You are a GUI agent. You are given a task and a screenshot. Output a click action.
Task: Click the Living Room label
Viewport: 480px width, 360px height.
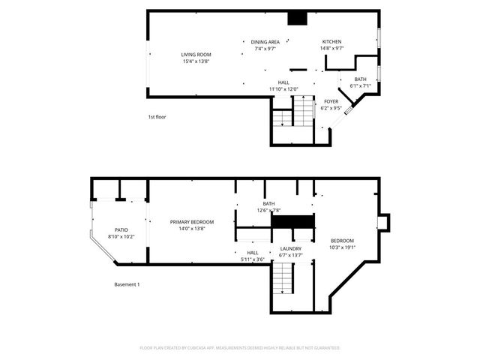(196, 55)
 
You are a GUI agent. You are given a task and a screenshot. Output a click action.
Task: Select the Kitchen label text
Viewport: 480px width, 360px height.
(332, 41)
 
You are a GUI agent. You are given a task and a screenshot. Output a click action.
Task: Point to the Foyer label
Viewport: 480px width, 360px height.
(331, 101)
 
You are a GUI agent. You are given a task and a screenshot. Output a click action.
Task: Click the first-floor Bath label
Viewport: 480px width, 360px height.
(361, 79)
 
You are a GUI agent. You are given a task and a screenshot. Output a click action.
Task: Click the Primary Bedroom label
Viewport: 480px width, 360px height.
(192, 222)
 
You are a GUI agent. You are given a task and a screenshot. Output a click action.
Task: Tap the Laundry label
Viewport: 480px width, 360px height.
(291, 248)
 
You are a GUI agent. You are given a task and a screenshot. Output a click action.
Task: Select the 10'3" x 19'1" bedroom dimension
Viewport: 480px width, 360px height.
(343, 247)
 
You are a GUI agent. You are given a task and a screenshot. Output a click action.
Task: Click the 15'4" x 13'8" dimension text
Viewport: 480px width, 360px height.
(196, 61)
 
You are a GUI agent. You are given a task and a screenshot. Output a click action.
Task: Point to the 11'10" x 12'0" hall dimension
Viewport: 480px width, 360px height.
(283, 89)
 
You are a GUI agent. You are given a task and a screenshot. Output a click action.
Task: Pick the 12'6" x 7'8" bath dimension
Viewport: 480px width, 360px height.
(268, 211)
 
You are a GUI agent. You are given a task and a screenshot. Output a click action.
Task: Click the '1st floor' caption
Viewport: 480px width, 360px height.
(156, 117)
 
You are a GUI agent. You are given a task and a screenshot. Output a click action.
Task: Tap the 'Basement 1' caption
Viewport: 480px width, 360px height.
(127, 284)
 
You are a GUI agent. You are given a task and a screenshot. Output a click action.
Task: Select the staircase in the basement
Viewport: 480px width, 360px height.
(283, 283)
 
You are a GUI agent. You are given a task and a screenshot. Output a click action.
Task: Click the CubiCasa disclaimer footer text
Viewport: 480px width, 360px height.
(240, 348)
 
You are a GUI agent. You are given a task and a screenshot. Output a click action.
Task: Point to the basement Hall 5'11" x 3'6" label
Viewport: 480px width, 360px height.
(252, 256)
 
